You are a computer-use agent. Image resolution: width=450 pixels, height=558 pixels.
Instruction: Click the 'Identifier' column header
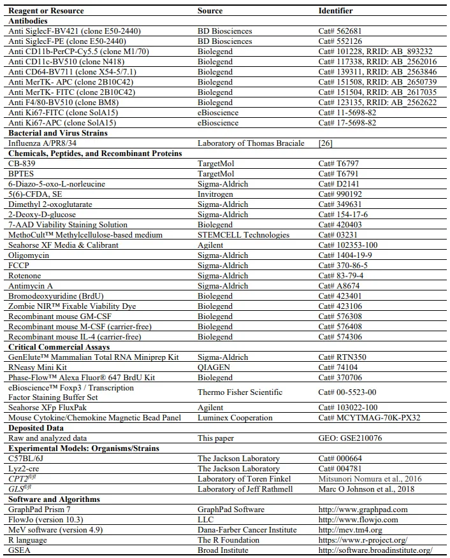335,11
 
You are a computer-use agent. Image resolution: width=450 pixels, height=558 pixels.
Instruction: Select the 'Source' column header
210,11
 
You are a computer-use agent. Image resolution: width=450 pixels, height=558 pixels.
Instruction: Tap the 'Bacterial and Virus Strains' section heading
57,133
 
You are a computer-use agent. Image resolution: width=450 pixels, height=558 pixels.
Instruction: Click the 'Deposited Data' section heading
35,428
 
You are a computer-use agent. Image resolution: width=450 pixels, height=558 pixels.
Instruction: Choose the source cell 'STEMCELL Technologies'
240,235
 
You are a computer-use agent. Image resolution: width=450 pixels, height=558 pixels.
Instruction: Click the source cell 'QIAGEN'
214,368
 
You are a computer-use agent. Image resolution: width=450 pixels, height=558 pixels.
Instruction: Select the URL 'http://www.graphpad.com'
363,510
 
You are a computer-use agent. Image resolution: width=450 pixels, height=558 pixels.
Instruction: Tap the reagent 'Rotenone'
25,276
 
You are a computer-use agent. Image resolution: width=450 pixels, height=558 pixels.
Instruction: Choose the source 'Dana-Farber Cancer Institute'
247,530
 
